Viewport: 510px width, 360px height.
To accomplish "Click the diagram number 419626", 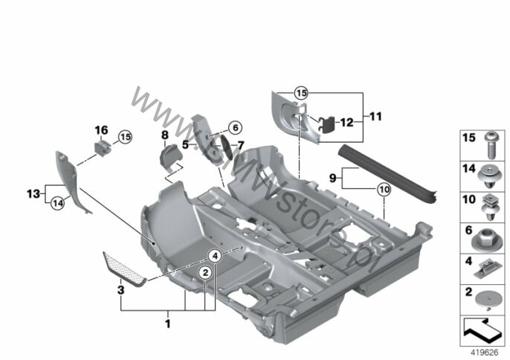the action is click(484, 353).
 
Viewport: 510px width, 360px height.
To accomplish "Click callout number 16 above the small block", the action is click(101, 130).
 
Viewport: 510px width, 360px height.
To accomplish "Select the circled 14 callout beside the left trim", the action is click(57, 204).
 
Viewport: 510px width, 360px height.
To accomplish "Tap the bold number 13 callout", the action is click(33, 194).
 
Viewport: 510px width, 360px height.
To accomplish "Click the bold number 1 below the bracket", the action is click(168, 324).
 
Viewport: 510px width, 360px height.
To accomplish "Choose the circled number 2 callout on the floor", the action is click(205, 272).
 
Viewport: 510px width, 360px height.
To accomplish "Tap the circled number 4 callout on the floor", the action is click(215, 256).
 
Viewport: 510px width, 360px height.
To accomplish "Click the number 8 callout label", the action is click(165, 135).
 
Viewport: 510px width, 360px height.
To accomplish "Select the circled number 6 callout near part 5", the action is click(236, 128).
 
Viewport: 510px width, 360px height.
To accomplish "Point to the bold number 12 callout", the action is click(346, 123).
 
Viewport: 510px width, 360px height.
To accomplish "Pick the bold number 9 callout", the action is click(332, 178).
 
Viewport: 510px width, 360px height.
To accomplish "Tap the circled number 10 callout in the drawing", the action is click(384, 190).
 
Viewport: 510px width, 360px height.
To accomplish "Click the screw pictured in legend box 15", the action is click(491, 145).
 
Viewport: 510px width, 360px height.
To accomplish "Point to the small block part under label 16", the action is click(102, 148).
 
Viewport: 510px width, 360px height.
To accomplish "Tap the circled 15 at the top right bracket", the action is click(301, 94).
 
